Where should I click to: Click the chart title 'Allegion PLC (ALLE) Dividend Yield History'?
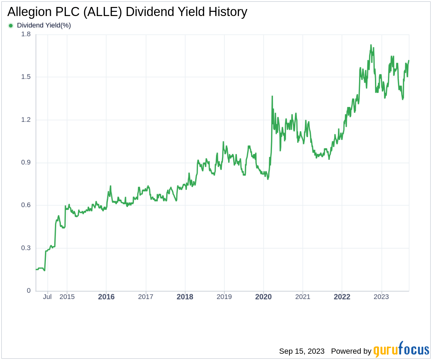click(127, 12)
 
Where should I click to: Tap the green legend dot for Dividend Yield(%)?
click(11, 25)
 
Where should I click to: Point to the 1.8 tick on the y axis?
click(26, 34)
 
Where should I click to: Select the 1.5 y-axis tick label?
click(26, 77)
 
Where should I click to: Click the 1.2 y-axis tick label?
click(26, 120)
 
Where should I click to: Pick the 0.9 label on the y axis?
click(26, 163)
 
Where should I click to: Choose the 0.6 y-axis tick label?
click(26, 205)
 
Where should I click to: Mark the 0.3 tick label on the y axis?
click(26, 248)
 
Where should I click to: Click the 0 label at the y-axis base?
click(29, 291)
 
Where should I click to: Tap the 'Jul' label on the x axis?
click(47, 297)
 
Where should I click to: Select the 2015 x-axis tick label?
click(67, 297)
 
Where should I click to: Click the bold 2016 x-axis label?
click(106, 297)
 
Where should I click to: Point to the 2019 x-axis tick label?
click(224, 297)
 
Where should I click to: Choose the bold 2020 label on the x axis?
click(264, 297)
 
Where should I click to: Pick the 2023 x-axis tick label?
click(381, 297)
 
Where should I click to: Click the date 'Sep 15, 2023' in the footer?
click(302, 351)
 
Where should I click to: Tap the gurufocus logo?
click(401, 350)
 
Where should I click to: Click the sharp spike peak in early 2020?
click(272, 96)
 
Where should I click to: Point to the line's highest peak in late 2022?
click(371, 45)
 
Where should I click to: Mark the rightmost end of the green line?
click(409, 61)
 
